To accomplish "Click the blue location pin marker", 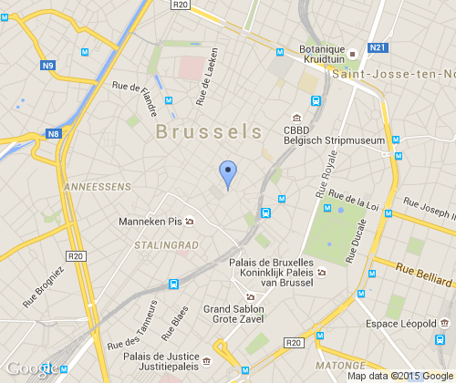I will (x=228, y=172).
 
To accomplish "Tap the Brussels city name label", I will (x=209, y=131).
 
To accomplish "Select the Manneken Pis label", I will (x=151, y=222).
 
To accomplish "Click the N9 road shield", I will (x=48, y=65).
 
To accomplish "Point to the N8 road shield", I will (x=54, y=134).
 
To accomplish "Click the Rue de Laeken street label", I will (x=204, y=78).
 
